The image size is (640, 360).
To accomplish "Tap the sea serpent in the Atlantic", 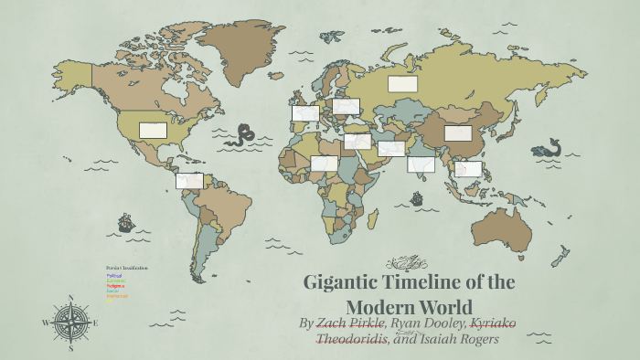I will (241, 135).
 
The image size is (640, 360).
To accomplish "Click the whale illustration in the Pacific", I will (548, 148).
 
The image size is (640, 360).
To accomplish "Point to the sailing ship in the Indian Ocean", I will (417, 198).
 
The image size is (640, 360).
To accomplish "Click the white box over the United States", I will (153, 131).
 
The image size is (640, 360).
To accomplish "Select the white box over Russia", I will (402, 84).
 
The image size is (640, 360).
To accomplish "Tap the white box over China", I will (458, 133).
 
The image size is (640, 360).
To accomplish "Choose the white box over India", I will (421, 164).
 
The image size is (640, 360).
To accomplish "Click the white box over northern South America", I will (189, 181).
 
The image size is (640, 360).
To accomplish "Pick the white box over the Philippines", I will (468, 169).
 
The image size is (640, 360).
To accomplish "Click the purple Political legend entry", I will (114, 275).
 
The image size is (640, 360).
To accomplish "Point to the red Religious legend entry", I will (116, 286).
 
